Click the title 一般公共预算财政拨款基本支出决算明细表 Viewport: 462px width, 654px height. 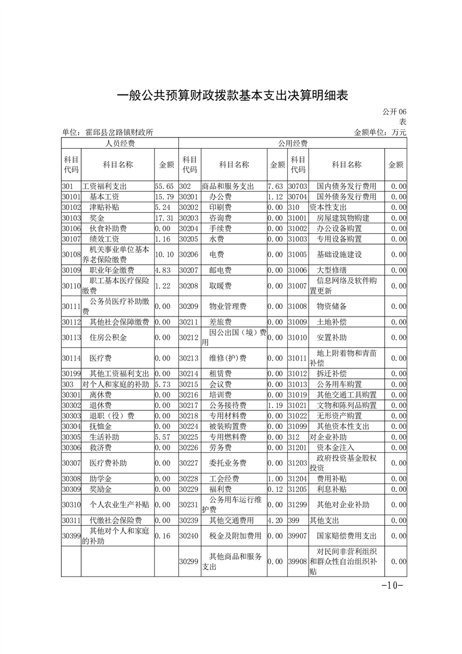point(232,95)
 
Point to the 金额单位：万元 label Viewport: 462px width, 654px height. point(380,133)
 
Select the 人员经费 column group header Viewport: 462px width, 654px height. point(119,143)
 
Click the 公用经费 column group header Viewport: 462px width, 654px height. point(292,143)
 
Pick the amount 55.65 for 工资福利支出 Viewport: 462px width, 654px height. point(165,187)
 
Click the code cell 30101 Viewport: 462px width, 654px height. point(70,197)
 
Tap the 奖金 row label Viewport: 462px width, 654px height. point(97,218)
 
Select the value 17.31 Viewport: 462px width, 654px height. point(165,218)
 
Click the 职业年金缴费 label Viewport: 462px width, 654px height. point(111,270)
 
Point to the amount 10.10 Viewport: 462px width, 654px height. point(165,255)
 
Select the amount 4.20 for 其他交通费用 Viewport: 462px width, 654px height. point(276,520)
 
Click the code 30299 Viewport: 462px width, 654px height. point(189,562)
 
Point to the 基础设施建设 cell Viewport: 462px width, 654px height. point(339,255)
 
